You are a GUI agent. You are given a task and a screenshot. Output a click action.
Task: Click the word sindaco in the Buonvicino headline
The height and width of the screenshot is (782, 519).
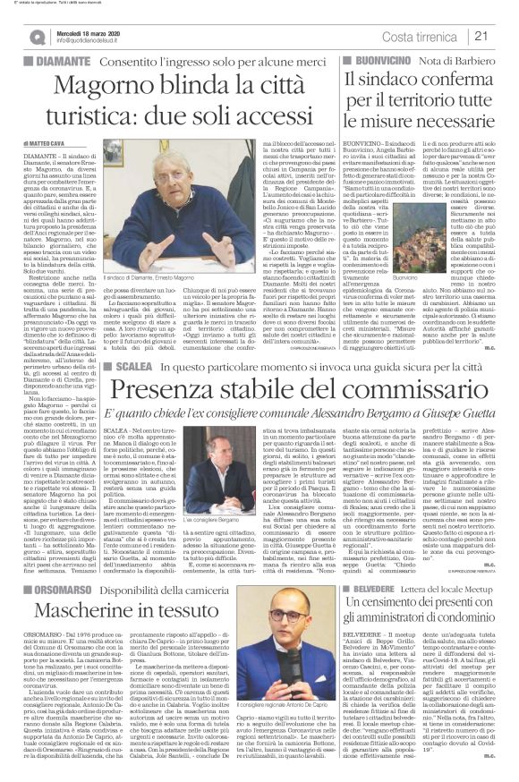pyautogui.click(x=393, y=80)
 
